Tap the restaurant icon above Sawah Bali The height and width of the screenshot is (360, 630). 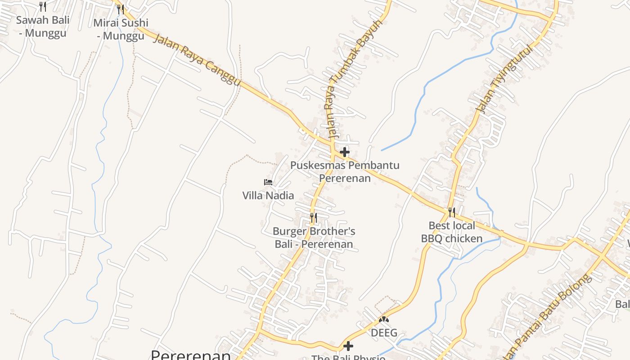pyautogui.click(x=43, y=6)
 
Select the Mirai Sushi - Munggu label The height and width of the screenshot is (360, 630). pyautogui.click(x=121, y=29)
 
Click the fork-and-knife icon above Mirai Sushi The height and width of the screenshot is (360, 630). pyautogui.click(x=120, y=9)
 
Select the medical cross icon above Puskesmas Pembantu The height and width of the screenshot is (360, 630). pyautogui.click(x=345, y=152)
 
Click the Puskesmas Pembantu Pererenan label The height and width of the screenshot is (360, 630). pyautogui.click(x=345, y=171)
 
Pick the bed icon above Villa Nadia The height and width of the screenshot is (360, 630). pyautogui.click(x=268, y=182)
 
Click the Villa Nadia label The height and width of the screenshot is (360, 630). pyautogui.click(x=268, y=195)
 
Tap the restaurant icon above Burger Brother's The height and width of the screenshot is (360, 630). pyautogui.click(x=314, y=218)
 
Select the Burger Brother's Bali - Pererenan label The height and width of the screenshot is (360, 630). pyautogui.click(x=314, y=238)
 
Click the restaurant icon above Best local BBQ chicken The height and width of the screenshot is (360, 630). pyautogui.click(x=452, y=212)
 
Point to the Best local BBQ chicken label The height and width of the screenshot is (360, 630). pyautogui.click(x=452, y=232)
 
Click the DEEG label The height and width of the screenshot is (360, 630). pyautogui.click(x=384, y=333)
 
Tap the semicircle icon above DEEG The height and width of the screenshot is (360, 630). pyautogui.click(x=384, y=319)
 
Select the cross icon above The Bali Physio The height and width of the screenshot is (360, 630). pyautogui.click(x=348, y=346)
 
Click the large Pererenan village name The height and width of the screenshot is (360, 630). pyautogui.click(x=190, y=355)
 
